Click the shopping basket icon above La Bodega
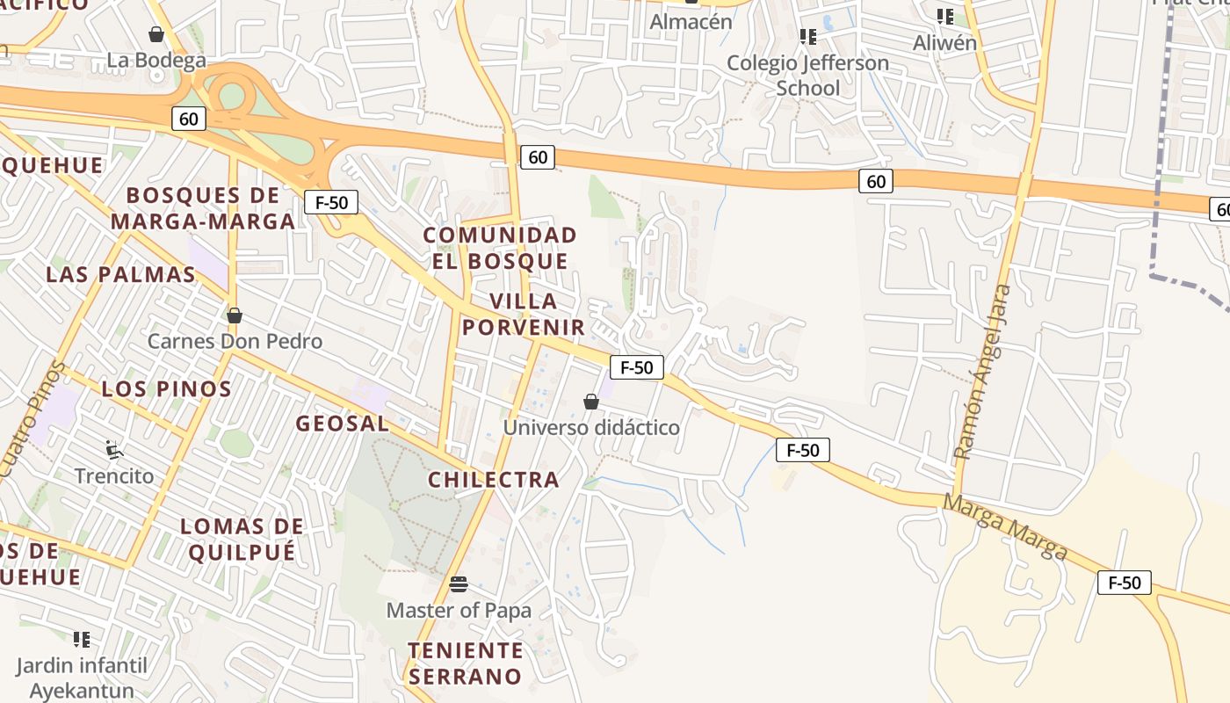[x=156, y=34]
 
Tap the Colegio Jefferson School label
[x=808, y=76]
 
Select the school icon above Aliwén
[x=945, y=16]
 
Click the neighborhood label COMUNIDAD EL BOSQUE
[x=500, y=248]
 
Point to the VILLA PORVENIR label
[x=524, y=315]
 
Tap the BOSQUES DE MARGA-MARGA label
[x=203, y=208]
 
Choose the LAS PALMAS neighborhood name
[x=120, y=274]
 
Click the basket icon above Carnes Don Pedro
[x=234, y=315]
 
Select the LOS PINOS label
[x=167, y=388]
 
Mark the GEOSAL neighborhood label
[x=343, y=424]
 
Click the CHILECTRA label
[x=494, y=480]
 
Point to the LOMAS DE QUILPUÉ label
[x=242, y=540]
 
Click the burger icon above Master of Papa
[x=458, y=584]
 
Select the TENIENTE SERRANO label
[x=466, y=663]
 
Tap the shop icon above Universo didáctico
[x=591, y=402]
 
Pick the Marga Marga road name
[x=1006, y=525]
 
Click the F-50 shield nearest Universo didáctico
[x=636, y=367]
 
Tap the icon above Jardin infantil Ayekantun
[x=82, y=639]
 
